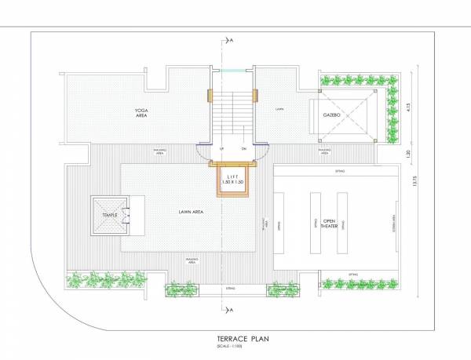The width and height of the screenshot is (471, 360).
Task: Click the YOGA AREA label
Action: (x=141, y=112)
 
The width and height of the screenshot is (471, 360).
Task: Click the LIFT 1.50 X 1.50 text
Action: (x=232, y=180)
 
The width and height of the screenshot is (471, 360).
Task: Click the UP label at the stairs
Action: (x=223, y=148)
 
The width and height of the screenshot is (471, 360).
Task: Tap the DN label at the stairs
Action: (x=244, y=148)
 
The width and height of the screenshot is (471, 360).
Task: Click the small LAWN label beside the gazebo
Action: (x=279, y=109)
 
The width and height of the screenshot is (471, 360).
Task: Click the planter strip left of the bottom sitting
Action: (x=181, y=291)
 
